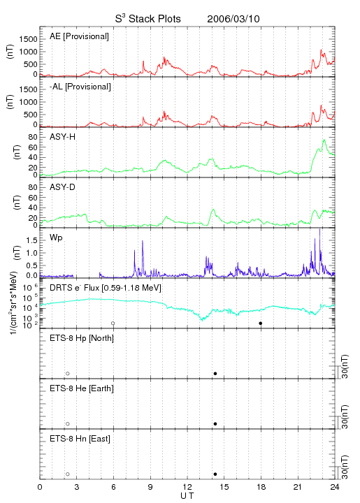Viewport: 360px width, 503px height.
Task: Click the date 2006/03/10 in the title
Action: [233, 19]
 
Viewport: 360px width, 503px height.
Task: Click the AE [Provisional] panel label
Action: [79, 36]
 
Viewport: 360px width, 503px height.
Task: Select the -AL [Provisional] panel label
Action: [80, 87]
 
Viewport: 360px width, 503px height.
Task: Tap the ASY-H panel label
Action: [62, 137]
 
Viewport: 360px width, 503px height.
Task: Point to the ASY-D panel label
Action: [62, 187]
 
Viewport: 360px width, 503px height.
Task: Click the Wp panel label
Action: [56, 238]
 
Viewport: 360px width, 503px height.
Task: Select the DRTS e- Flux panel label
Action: [106, 288]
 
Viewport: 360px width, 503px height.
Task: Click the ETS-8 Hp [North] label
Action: [82, 338]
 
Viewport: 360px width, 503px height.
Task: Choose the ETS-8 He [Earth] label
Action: [82, 388]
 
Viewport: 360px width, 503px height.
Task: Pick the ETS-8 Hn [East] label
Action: [80, 439]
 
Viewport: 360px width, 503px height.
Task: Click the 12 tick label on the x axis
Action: [187, 487]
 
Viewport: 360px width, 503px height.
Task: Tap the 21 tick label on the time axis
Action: [298, 487]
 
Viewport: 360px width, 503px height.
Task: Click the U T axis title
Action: [187, 496]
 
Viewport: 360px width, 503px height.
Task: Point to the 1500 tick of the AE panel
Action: [28, 39]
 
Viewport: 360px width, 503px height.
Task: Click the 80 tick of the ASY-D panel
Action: [33, 187]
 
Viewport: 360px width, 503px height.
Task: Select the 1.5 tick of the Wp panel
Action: [32, 240]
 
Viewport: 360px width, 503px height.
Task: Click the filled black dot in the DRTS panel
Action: [261, 323]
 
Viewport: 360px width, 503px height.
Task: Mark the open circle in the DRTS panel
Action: [113, 323]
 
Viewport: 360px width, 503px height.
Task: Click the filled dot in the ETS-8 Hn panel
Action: [215, 474]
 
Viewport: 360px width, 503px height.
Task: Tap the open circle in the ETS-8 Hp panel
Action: [68, 374]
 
